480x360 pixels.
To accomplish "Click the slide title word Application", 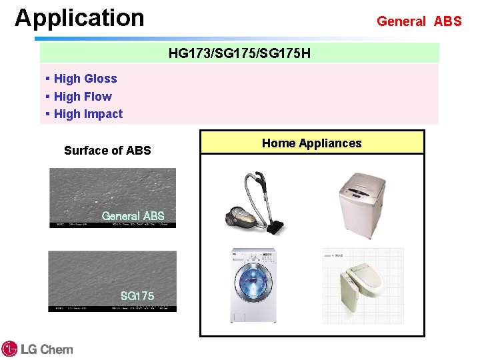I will point(79,18).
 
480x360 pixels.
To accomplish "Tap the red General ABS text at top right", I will point(419,21).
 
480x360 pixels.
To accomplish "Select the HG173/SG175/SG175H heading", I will point(239,53).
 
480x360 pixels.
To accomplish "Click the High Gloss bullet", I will point(85,79).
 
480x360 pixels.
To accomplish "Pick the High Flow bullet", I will point(83,97).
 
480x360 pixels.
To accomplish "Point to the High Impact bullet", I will point(88,114).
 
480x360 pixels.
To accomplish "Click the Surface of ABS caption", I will point(107,151).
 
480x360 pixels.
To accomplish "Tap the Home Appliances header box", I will point(311,143).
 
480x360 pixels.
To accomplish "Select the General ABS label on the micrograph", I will point(133,215).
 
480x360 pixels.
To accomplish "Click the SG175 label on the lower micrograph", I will point(137,295).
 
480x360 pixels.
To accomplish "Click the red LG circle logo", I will point(9,349).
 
